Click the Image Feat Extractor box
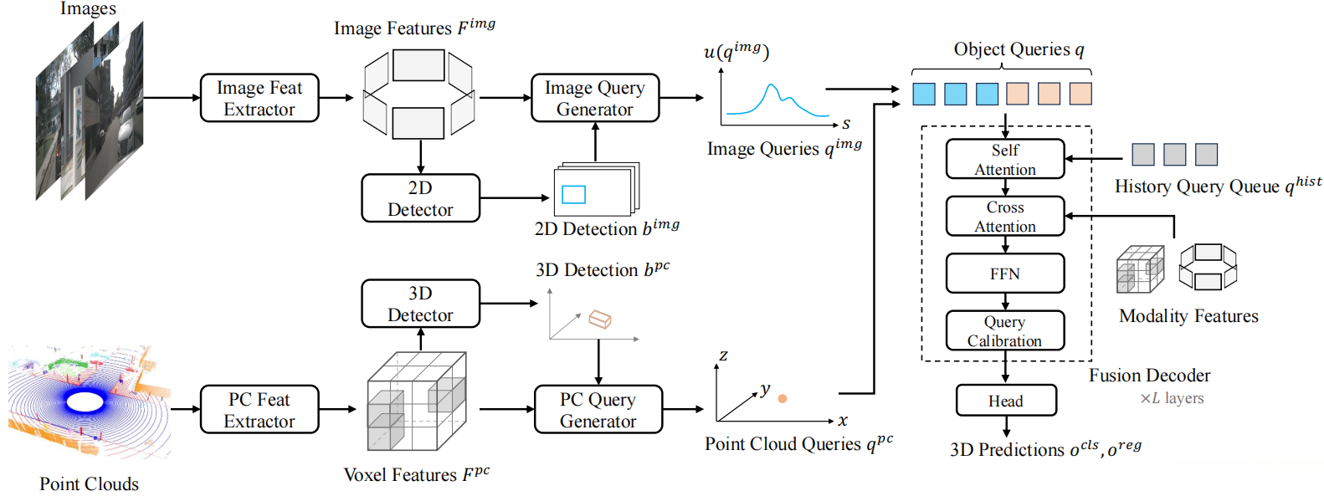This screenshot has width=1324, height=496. tap(259, 98)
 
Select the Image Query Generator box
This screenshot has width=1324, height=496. tap(595, 98)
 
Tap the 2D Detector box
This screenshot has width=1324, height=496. tap(420, 198)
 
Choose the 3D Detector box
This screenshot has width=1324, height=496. tap(420, 304)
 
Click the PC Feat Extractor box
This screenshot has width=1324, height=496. tap(259, 410)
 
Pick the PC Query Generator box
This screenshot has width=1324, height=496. tap(598, 410)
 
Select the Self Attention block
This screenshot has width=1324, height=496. tap(1005, 159)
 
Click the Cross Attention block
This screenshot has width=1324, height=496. tap(1005, 216)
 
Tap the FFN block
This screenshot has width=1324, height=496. tap(1005, 274)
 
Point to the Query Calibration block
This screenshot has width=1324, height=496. tap(1005, 330)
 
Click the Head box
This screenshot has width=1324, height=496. tap(1006, 401)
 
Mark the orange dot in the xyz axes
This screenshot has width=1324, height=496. tap(783, 399)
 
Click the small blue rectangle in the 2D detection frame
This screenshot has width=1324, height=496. tap(573, 194)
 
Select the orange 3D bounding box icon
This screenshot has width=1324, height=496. tap(600, 320)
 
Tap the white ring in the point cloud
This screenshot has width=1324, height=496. tap(85, 402)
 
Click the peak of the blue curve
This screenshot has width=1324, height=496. tap(772, 85)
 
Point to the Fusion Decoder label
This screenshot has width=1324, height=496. tap(1149, 376)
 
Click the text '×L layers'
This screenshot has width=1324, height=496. tap(1172, 398)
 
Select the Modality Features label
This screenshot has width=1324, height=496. tap(1188, 316)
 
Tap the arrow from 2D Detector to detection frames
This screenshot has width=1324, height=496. tap(514, 198)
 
